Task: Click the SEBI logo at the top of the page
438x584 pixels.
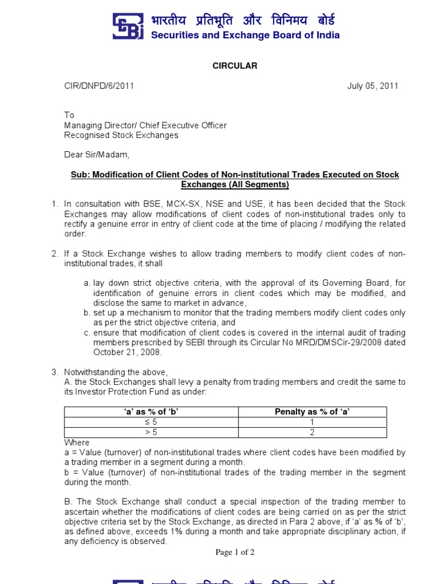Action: pos(129,27)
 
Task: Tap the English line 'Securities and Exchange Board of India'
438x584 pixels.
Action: pos(245,35)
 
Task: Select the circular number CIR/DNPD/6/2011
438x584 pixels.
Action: pos(99,86)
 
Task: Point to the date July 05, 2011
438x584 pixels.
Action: pos(373,86)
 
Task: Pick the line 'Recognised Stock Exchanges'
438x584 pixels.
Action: pos(121,135)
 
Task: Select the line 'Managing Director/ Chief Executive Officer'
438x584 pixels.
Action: pos(145,125)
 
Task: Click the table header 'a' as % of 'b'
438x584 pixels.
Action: pos(151,412)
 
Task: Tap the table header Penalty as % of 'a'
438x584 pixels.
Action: pos(312,412)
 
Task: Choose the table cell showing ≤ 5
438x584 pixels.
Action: pos(151,423)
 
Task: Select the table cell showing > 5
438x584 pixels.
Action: pos(151,433)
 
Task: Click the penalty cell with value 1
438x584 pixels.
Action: pos(312,423)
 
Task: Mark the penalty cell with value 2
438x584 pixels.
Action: pos(312,433)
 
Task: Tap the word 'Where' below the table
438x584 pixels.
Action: pos(76,443)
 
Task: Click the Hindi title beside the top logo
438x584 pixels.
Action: pos(243,21)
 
